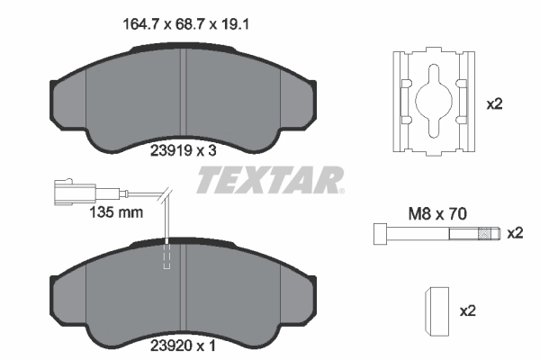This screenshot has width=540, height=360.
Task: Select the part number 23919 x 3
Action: coord(184,150)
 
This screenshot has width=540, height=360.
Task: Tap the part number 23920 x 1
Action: coord(184,343)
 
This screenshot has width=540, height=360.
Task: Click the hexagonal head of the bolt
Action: coord(378,235)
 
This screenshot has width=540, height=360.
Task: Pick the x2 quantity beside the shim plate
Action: coord(493,104)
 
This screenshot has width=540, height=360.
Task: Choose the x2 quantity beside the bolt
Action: coord(514,233)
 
